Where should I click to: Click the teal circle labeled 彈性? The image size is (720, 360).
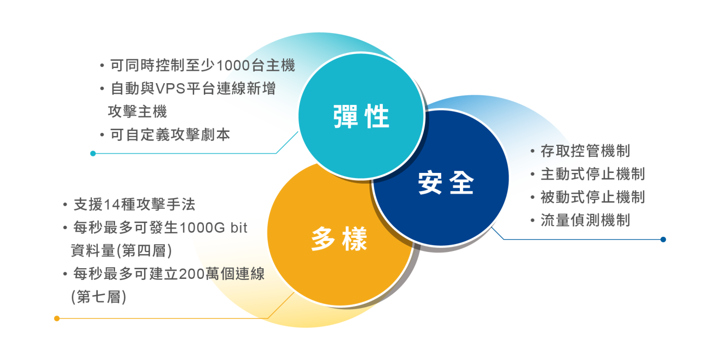pyautogui.click(x=361, y=116)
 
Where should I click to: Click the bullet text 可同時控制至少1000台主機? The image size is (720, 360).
pyautogui.click(x=202, y=65)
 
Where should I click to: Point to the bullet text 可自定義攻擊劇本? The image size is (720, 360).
pyautogui.click(x=170, y=135)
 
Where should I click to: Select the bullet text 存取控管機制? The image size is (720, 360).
pyautogui.click(x=585, y=151)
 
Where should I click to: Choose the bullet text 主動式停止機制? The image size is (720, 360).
pyautogui.click(x=592, y=174)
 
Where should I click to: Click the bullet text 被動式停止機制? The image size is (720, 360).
pyautogui.click(x=592, y=197)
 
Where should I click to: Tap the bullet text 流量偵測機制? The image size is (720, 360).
pyautogui.click(x=585, y=221)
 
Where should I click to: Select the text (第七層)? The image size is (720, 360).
pyautogui.click(x=98, y=297)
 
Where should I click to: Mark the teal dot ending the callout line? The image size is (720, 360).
pyautogui.click(x=93, y=153)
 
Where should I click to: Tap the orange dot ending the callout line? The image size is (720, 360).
pyautogui.click(x=57, y=318)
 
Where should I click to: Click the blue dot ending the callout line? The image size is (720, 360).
pyautogui.click(x=663, y=239)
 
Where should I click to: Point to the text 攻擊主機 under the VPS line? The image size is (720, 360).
pyautogui.click(x=137, y=112)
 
